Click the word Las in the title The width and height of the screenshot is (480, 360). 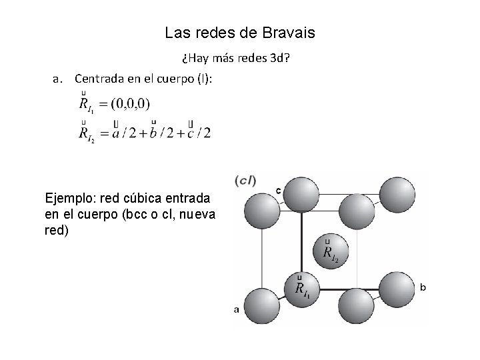pyautogui.click(x=175, y=33)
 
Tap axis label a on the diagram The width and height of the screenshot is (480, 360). pyautogui.click(x=236, y=309)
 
